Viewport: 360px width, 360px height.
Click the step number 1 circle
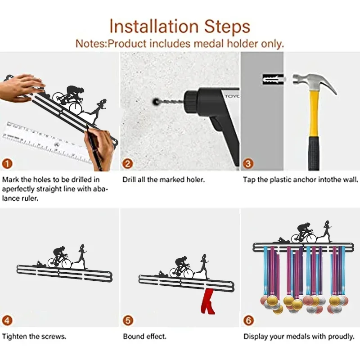[x=7, y=164]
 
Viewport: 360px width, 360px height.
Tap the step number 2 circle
[x=128, y=164]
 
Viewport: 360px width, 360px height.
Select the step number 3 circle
[x=248, y=164]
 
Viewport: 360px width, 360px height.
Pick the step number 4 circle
[x=7, y=320]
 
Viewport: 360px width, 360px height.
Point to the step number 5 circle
[x=128, y=320]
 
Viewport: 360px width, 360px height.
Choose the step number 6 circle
[x=249, y=320]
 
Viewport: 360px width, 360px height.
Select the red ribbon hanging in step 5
[x=207, y=301]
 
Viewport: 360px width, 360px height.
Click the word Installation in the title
[x=153, y=26]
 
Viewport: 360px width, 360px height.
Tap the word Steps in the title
[x=227, y=27]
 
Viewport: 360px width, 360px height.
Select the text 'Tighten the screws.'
[x=34, y=337]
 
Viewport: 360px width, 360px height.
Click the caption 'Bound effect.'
[x=144, y=337]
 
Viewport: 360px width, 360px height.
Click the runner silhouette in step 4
[x=82, y=256]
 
